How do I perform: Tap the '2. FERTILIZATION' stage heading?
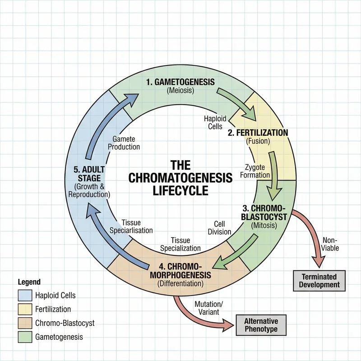click(258, 133)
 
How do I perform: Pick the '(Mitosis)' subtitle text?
click(264, 226)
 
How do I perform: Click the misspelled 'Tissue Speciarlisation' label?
click(131, 227)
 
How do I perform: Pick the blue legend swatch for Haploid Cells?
click(25, 296)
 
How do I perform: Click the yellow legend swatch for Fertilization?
click(25, 309)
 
